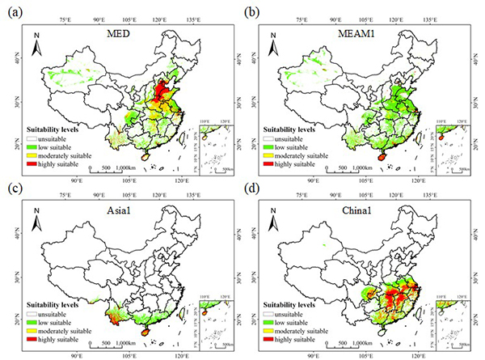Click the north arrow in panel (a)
click(36, 49)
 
